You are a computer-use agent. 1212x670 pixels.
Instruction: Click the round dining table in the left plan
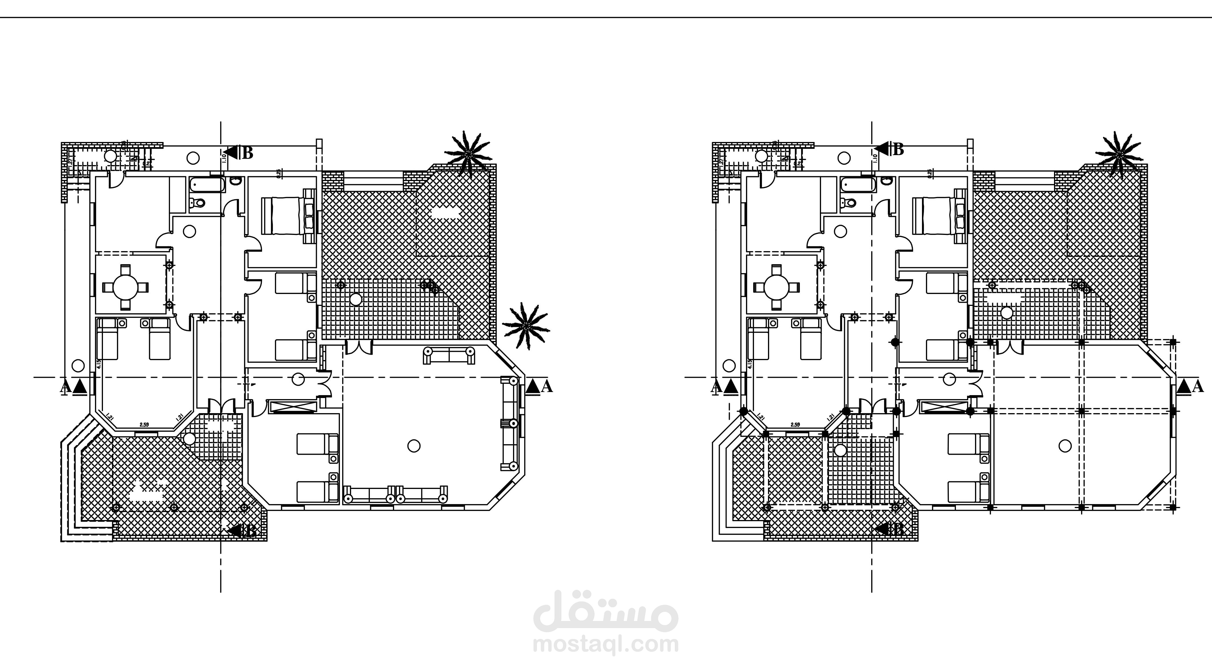125,287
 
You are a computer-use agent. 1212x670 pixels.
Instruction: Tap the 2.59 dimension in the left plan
144,425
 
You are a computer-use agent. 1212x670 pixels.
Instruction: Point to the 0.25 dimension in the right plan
930,173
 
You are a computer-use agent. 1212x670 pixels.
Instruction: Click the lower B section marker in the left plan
243,531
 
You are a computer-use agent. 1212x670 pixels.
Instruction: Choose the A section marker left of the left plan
74,387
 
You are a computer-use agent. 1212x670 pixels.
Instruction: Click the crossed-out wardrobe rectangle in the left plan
292,407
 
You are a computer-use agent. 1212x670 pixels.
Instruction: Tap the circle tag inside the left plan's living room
414,446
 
